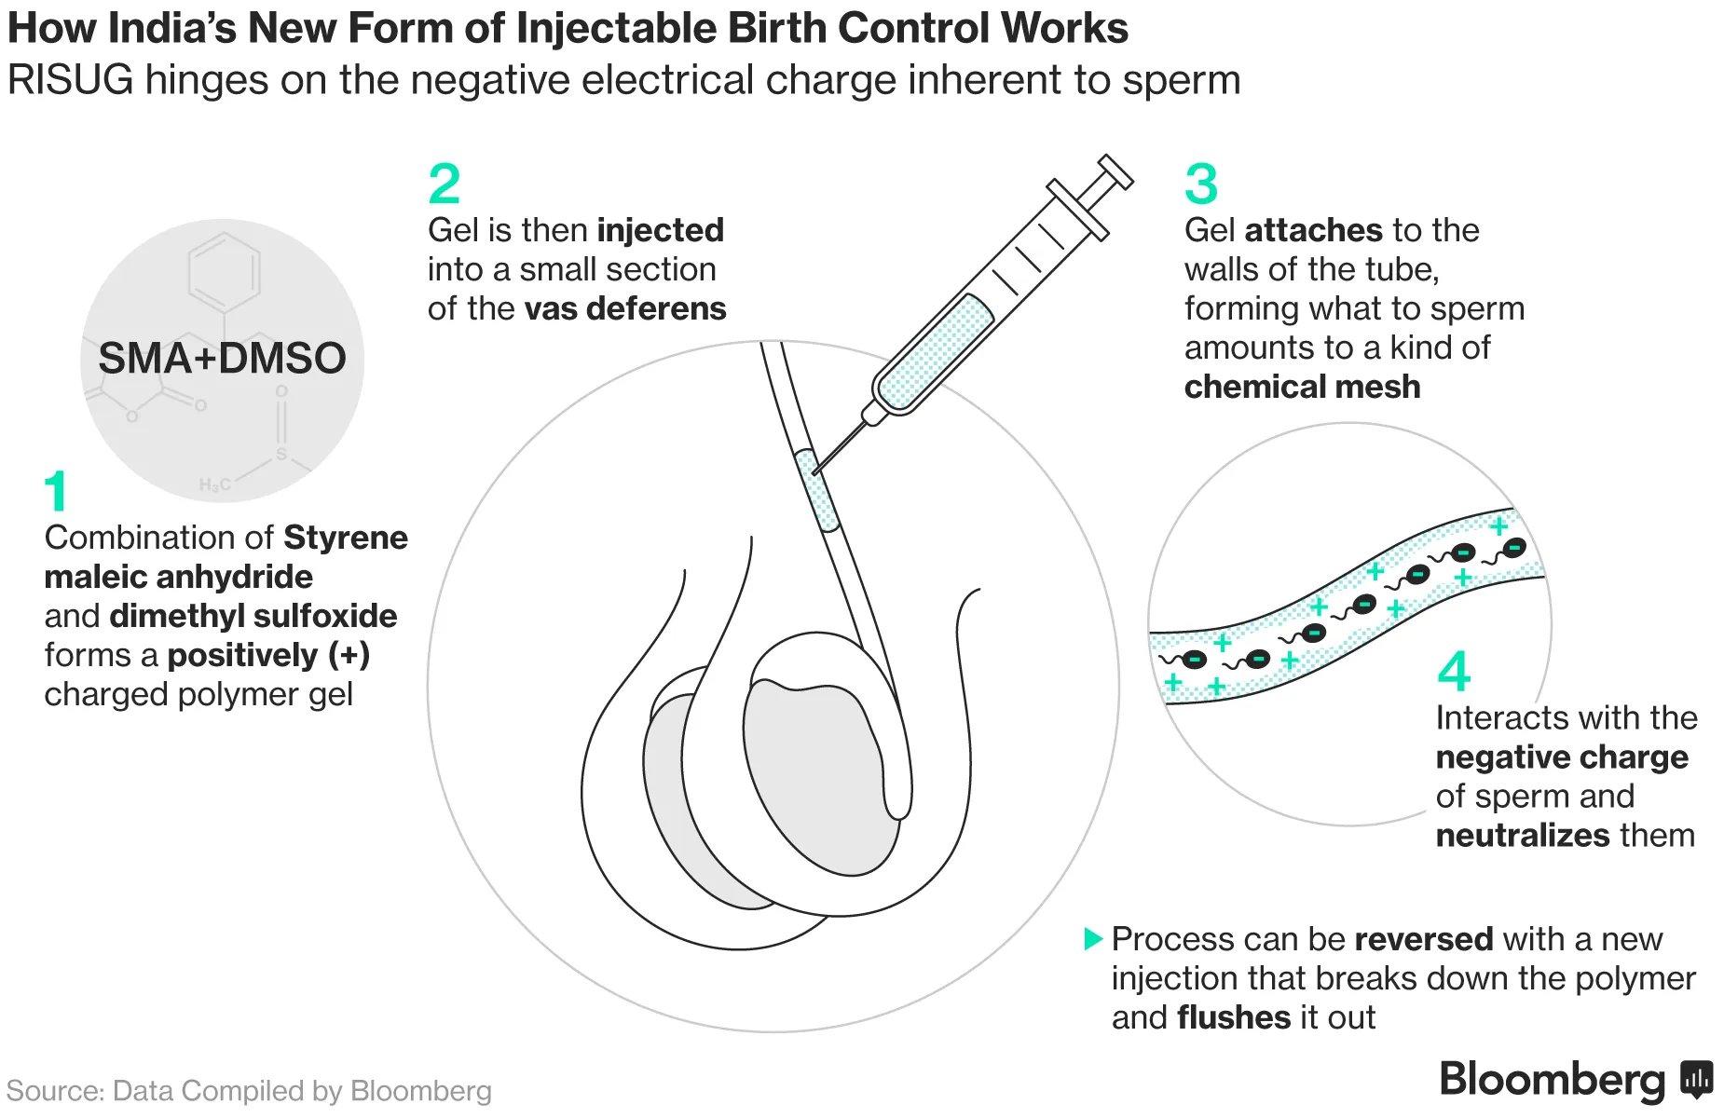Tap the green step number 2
445,184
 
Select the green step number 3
1201,184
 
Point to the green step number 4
1454,671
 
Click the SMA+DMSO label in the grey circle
222,359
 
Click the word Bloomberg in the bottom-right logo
1552,1080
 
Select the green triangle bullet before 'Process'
1092,938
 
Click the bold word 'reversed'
1423,939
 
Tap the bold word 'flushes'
1234,1017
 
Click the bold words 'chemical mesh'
1302,387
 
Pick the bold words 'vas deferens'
625,308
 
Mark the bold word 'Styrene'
346,538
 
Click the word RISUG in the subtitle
70,80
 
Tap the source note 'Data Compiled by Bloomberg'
302,1091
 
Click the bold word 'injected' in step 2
661,230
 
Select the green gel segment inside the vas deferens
817,491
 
